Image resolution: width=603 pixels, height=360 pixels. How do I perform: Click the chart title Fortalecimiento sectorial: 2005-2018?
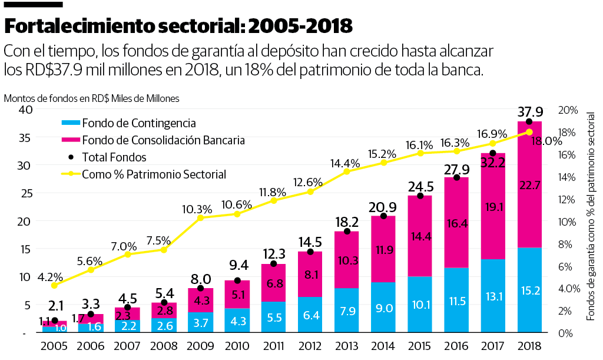[x=178, y=26]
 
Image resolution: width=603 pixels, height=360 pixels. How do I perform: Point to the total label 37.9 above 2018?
[x=529, y=111]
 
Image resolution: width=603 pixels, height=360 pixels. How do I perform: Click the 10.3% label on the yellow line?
[x=197, y=209]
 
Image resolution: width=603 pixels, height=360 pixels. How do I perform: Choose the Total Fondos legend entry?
[x=114, y=157]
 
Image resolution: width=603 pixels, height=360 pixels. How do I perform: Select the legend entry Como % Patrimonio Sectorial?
[x=154, y=174]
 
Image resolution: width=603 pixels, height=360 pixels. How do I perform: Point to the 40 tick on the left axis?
[x=24, y=110]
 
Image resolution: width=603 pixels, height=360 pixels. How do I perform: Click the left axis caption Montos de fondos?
[x=91, y=98]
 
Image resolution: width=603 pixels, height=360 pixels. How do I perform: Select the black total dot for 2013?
[x=347, y=232]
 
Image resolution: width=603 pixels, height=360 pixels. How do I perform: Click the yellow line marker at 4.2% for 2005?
[x=54, y=285]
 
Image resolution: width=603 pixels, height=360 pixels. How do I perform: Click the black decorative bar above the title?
[x=34, y=4]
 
